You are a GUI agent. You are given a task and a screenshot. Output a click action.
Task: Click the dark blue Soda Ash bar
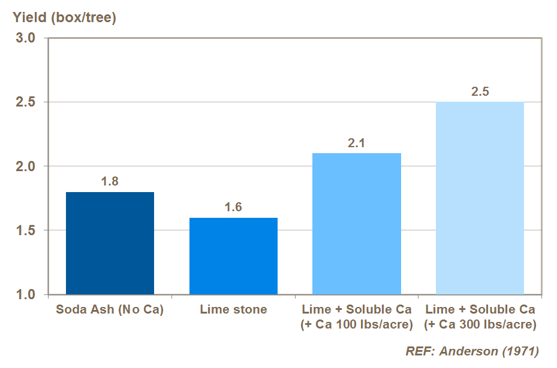pos(110,243)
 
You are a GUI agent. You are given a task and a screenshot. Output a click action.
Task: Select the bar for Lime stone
pos(233,256)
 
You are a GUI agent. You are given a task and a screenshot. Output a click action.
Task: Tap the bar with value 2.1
pos(357,224)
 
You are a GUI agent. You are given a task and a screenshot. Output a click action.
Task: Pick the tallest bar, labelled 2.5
pos(480,198)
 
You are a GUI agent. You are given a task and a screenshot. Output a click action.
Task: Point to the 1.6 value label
pos(233,208)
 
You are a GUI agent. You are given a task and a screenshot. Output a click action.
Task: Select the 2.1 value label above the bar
pos(357,143)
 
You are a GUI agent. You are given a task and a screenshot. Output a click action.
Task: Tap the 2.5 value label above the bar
pos(480,92)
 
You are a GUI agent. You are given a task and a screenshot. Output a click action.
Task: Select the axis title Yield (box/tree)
pos(65,17)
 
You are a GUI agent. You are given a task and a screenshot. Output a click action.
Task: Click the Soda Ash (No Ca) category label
pos(110,310)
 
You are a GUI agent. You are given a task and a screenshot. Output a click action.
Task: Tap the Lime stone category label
pos(233,310)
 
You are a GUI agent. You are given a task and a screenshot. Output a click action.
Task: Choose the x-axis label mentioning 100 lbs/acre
pos(357,318)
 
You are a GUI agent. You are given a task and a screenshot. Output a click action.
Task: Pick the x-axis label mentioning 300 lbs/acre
pos(480,318)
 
